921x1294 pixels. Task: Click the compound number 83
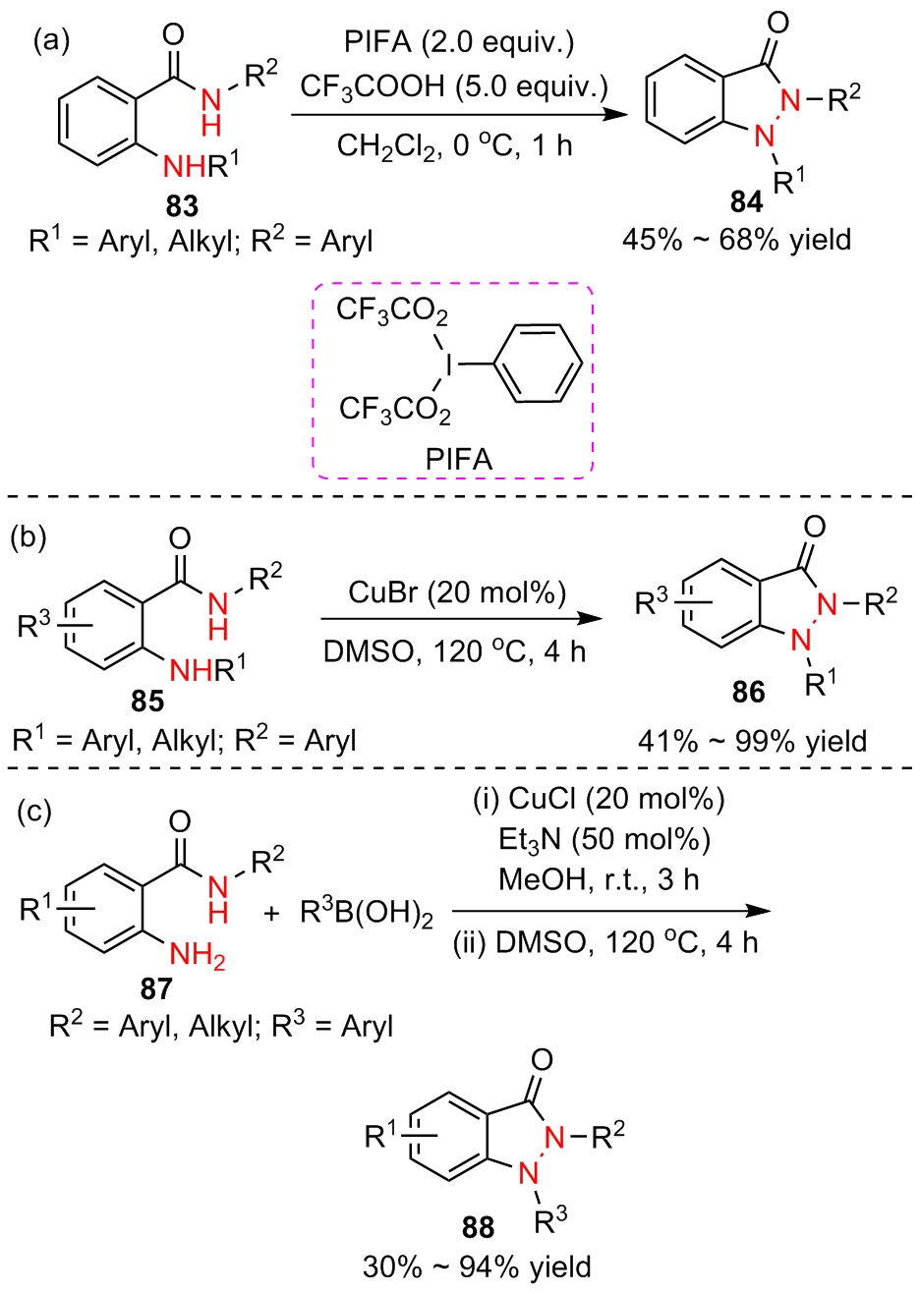pos(182,206)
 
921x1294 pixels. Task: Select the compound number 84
pos(746,201)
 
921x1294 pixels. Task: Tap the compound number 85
pos(147,701)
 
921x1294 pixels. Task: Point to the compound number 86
pos(748,693)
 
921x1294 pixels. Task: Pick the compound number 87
pos(155,988)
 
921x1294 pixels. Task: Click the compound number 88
pos(478,1227)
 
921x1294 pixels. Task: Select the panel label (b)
pos(29,537)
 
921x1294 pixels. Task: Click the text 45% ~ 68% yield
pos(736,240)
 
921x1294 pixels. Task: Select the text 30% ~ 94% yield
pos(477,1267)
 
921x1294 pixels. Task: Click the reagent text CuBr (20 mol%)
pos(457,593)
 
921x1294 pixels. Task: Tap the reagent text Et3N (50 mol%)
pos(604,839)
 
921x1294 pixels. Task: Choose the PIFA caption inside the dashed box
pos(459,459)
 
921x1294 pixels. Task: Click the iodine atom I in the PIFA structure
pos(449,365)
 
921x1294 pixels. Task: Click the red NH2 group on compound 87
pos(198,954)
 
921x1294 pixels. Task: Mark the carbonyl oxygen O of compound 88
pos(541,1060)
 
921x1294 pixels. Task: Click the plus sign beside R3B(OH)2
pos(272,914)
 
